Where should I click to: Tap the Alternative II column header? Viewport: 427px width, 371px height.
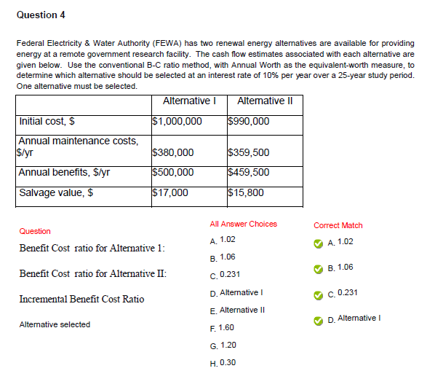265,101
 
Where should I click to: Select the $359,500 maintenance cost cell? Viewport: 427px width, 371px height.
249,152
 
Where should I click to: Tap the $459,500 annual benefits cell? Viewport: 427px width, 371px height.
249,173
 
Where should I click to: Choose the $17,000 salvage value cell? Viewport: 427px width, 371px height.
170,193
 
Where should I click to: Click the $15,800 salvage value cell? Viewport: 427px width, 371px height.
246,193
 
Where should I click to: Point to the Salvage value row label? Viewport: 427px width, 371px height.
55,193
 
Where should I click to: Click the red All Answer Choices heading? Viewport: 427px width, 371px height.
243,224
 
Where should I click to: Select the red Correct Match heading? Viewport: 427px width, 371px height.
338,225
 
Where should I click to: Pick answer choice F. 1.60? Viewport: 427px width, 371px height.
222,328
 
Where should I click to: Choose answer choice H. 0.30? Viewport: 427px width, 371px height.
222,362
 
